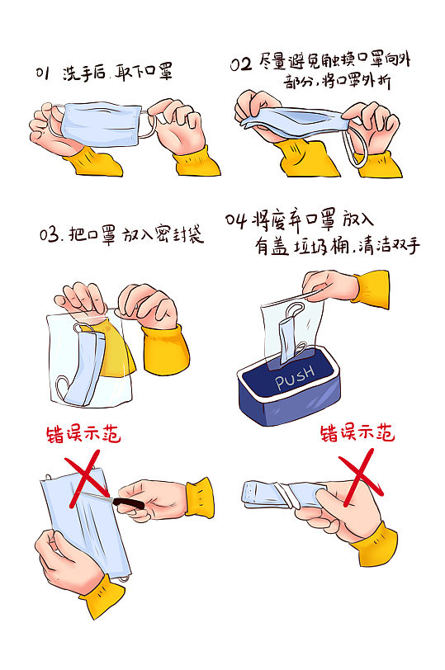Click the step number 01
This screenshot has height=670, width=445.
pyautogui.click(x=43, y=73)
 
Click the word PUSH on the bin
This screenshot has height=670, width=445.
pyautogui.click(x=296, y=379)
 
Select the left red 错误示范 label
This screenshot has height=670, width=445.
pyautogui.click(x=86, y=434)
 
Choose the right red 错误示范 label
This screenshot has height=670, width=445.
pyautogui.click(x=357, y=432)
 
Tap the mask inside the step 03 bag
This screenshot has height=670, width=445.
pyautogui.click(x=87, y=363)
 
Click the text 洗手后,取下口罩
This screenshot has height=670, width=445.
pyautogui.click(x=117, y=73)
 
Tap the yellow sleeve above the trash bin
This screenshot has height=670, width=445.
pyautogui.click(x=372, y=288)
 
